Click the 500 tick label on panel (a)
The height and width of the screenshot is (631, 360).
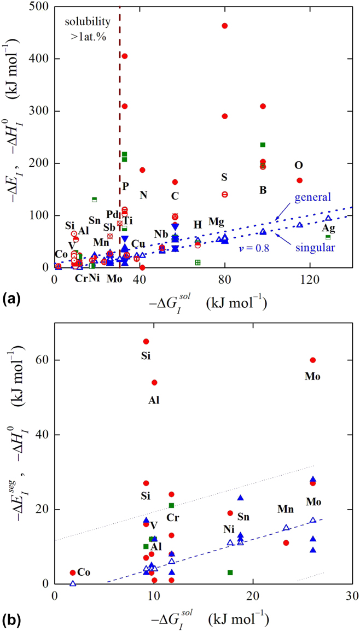point(38,7)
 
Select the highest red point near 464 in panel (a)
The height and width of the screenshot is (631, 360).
point(224,26)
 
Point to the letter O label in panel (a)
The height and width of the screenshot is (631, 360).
point(298,165)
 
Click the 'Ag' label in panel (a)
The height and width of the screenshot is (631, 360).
point(328,227)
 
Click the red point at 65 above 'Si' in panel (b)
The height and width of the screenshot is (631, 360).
point(146,341)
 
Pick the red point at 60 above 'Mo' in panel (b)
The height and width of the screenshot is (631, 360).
point(313,360)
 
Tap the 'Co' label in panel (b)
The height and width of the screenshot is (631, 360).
point(83,572)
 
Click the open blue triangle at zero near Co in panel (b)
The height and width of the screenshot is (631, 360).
point(73,583)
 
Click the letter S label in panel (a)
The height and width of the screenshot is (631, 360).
point(224,177)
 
